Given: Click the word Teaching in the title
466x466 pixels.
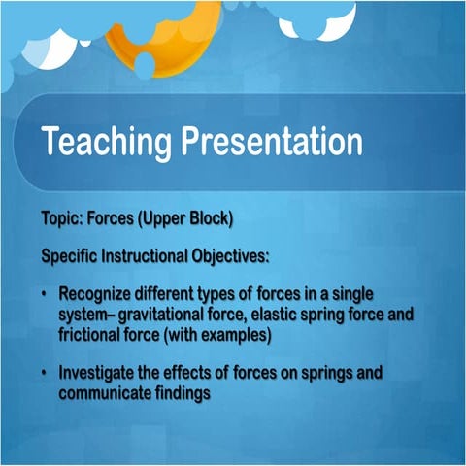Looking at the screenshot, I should coord(103,142).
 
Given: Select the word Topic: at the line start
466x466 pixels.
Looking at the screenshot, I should coord(61,219).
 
